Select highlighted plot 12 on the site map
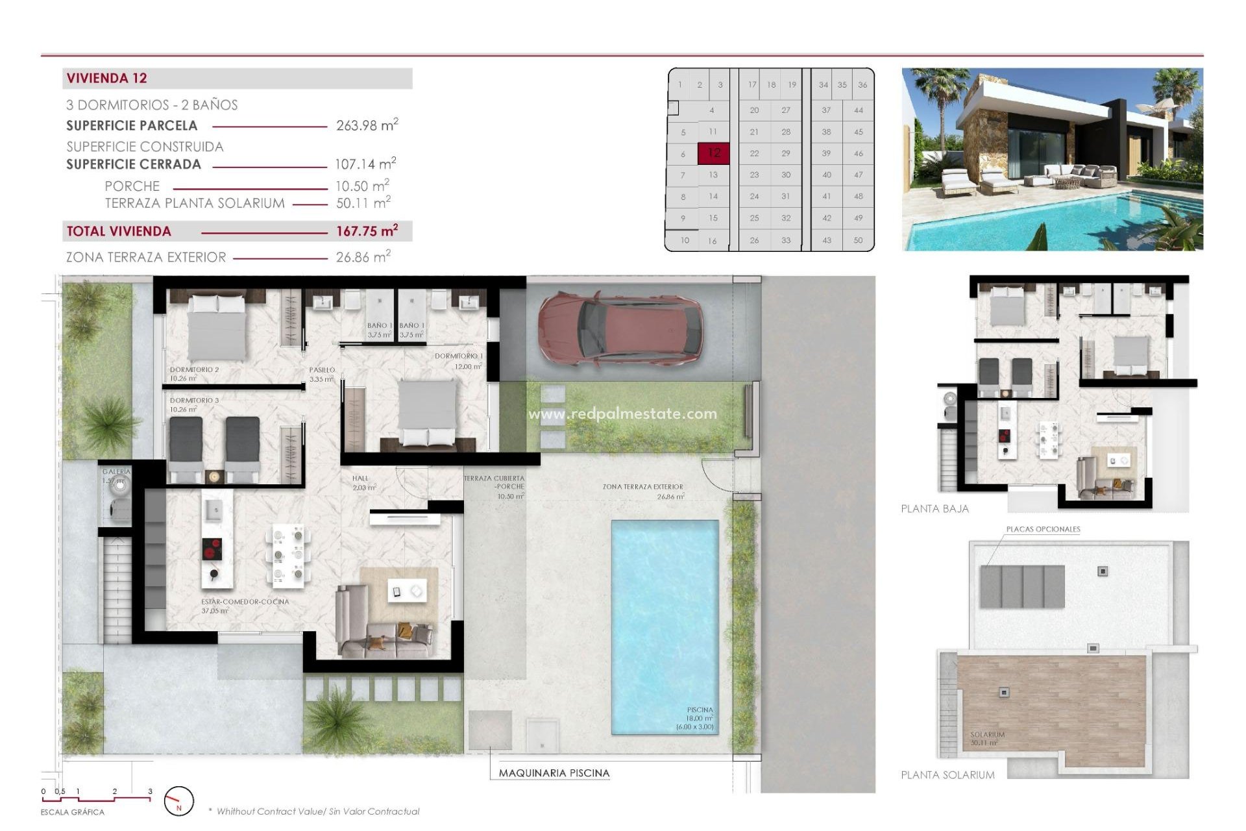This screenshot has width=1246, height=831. (713, 153)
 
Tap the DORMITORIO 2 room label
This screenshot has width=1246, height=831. (194, 369)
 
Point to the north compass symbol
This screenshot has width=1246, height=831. (178, 802)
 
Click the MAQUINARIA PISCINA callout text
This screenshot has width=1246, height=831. (554, 773)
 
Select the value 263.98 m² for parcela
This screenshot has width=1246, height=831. (367, 125)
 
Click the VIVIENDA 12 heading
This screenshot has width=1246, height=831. (107, 79)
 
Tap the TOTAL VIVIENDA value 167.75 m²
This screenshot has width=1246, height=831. (367, 232)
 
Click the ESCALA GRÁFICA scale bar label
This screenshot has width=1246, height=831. (72, 812)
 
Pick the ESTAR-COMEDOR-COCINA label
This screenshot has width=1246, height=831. (245, 602)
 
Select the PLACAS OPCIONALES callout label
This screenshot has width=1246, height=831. (1043, 529)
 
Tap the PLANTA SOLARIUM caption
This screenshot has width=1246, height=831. (947, 775)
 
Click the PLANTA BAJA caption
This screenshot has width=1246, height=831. (934, 509)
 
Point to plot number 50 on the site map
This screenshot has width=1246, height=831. (858, 240)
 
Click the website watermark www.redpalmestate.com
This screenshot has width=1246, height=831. (622, 414)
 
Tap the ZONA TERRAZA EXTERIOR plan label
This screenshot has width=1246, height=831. (642, 487)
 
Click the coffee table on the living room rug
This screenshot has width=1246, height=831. (406, 591)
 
